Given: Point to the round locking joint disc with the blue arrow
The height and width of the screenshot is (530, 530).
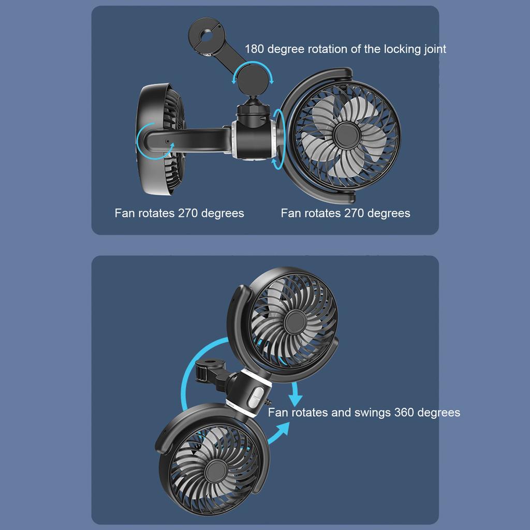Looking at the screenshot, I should pyautogui.click(x=253, y=77).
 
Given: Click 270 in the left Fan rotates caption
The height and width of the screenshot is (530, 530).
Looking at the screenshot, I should pyautogui.click(x=188, y=213).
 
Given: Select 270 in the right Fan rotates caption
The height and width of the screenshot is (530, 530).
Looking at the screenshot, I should pyautogui.click(x=354, y=213).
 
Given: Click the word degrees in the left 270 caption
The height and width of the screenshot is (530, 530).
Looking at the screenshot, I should pyautogui.click(x=223, y=213).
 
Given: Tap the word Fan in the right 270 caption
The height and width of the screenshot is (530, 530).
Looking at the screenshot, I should pyautogui.click(x=291, y=213).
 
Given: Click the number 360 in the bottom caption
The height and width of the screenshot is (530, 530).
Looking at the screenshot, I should pyautogui.click(x=404, y=413).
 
